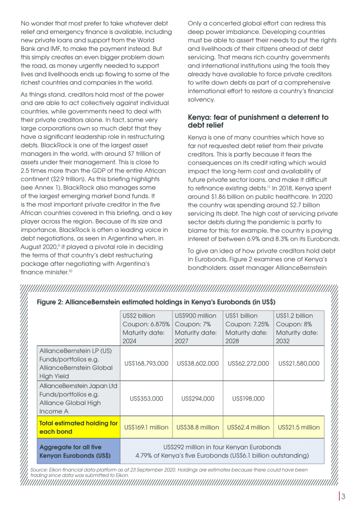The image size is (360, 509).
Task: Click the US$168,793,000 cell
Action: [147, 363]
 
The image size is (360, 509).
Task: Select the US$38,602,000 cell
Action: [197, 363]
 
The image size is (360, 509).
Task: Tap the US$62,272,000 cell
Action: [248, 363]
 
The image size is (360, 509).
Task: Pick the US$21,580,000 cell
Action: [299, 363]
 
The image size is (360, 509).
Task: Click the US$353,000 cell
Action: [147, 398]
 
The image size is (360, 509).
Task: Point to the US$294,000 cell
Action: [197, 398]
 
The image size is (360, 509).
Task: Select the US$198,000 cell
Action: [248, 398]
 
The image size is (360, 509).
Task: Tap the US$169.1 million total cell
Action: [147, 427]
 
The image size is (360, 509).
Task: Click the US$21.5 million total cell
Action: [299, 427]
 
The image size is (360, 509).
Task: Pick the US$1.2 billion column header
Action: [299, 328]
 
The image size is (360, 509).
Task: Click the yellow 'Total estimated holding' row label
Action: [79, 427]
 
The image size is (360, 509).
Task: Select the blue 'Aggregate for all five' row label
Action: [79, 451]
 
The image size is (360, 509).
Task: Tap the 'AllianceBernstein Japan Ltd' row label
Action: [79, 398]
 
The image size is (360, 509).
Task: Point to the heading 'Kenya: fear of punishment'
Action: [258, 121]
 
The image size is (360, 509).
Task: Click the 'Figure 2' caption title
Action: [156, 302]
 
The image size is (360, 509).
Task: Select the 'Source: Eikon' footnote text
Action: [169, 472]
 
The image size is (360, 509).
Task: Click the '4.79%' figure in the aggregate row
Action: [144, 455]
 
